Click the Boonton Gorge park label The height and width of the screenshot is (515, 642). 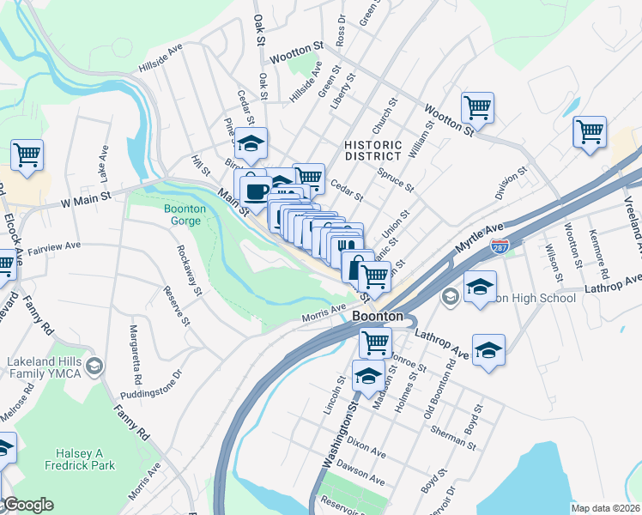[x=182, y=215]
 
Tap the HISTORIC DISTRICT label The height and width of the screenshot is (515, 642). [x=372, y=150]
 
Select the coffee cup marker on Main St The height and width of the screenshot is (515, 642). [x=254, y=189]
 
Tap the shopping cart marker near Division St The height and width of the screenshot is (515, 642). [x=590, y=132]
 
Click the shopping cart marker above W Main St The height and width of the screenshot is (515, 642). [x=27, y=155]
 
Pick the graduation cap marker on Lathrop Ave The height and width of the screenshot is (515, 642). [x=488, y=350]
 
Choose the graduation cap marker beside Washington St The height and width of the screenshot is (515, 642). [x=368, y=377]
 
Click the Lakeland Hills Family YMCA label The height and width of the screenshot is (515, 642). [x=43, y=367]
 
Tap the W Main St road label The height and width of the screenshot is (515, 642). [x=86, y=198]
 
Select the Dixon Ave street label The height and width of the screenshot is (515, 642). [x=366, y=445]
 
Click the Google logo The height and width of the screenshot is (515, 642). [x=27, y=505]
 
